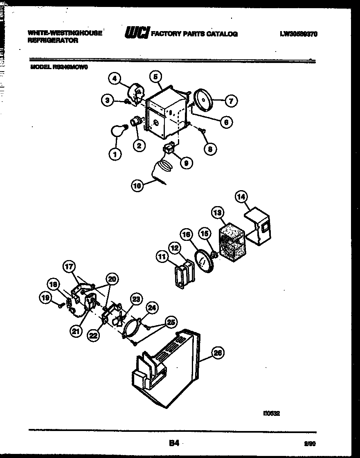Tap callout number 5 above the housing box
tap(156, 76)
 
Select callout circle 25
tap(171, 323)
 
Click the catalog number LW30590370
tap(299, 34)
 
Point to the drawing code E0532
tap(271, 413)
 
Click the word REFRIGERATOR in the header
tap(53, 40)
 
